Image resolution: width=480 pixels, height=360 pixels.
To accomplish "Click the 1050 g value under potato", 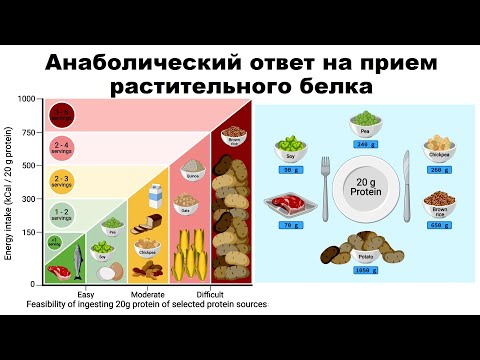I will click(x=362, y=271).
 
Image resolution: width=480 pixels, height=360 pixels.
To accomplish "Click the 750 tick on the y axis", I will click(x=30, y=132).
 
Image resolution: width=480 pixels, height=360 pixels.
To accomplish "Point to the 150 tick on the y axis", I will click(x=30, y=233).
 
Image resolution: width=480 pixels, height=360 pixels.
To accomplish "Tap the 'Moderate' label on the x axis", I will click(x=147, y=293).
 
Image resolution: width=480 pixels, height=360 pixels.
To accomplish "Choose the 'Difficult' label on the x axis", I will click(x=209, y=293).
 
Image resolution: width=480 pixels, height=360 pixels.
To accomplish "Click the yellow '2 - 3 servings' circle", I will click(x=61, y=179).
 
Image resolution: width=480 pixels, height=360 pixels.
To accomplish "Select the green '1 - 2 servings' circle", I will click(x=61, y=212).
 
